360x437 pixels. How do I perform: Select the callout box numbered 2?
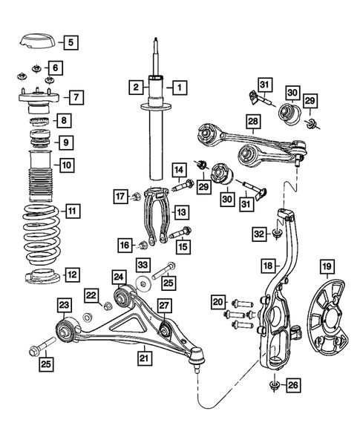click(x=136, y=88)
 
